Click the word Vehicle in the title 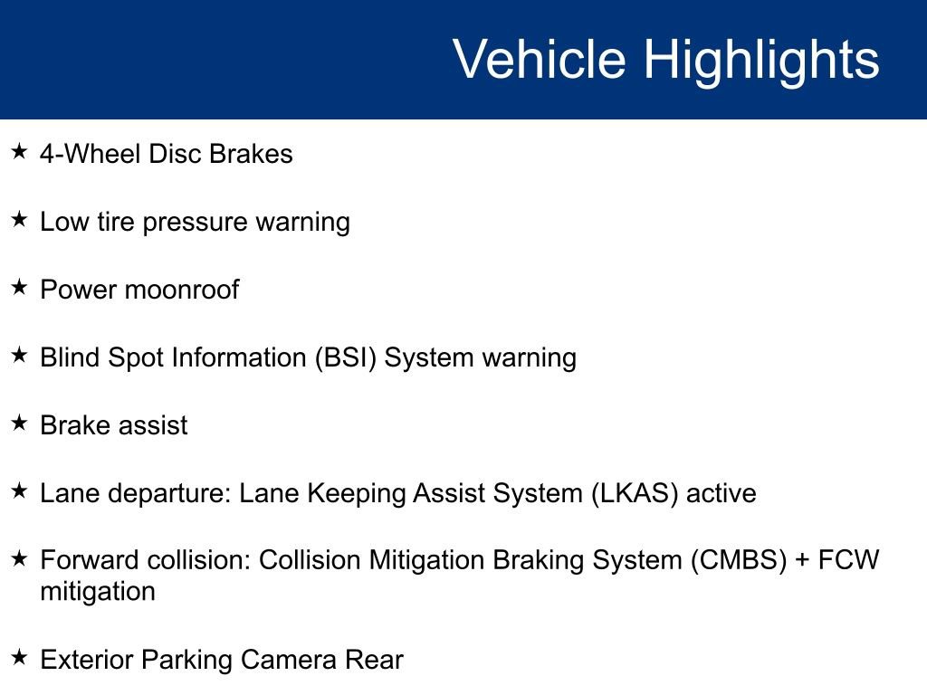click(539, 60)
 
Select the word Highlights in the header click(761, 60)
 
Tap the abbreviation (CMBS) click(738, 560)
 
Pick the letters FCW click(848, 560)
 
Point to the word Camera click(290, 660)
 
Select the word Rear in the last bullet click(373, 660)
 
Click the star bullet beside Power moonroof click(19, 288)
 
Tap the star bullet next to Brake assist click(19, 423)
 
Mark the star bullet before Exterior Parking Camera click(19, 658)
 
